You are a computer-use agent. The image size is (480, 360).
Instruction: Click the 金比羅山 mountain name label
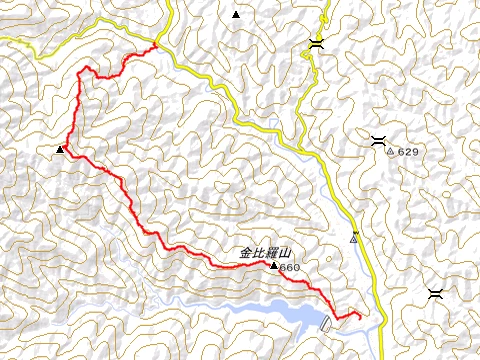coord(262,253)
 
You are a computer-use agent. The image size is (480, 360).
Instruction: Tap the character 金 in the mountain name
coord(245,253)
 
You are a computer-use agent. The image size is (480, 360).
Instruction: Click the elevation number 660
coord(290,268)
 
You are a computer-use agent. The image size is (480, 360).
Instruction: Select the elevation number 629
coord(406,152)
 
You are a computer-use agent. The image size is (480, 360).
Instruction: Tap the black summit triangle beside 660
coord(273,266)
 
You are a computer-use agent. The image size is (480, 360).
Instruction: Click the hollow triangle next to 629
coord(390,152)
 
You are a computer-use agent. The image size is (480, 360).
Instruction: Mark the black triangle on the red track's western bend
coord(60,150)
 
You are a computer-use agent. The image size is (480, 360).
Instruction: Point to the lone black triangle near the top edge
coord(236,14)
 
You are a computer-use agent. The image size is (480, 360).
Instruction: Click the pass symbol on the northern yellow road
coord(316,43)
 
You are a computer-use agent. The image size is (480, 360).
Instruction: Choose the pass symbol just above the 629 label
coord(379,139)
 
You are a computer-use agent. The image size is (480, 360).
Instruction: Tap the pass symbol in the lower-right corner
coord(435,293)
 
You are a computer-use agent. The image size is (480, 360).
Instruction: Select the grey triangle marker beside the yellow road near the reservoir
coord(354,239)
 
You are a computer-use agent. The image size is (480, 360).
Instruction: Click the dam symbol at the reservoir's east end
coord(326,322)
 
